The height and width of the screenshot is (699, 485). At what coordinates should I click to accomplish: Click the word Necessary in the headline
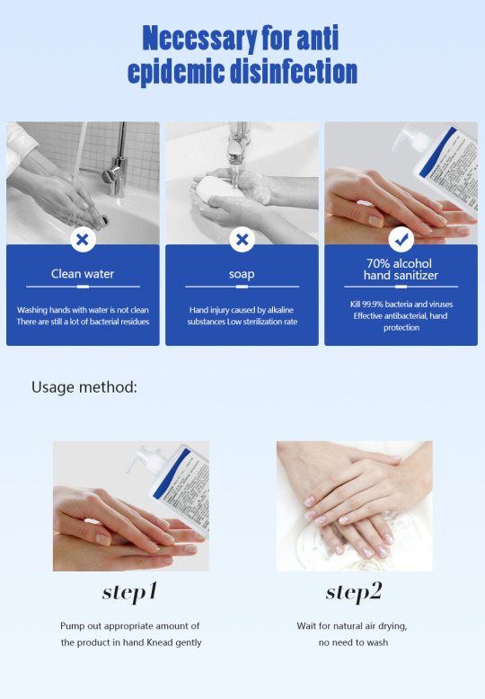(199, 39)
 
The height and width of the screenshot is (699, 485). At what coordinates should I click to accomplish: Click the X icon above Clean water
(83, 239)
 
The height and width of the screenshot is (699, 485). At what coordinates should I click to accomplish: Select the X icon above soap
(242, 239)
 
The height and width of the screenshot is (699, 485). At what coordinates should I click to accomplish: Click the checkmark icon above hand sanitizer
(401, 239)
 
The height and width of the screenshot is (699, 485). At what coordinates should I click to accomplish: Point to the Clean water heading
(83, 274)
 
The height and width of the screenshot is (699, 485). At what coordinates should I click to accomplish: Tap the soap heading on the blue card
(242, 274)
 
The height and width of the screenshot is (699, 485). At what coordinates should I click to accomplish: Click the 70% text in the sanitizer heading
(378, 263)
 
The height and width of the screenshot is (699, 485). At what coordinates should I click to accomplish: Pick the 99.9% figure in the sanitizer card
(372, 305)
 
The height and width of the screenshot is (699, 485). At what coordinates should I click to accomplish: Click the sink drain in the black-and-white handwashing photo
(104, 220)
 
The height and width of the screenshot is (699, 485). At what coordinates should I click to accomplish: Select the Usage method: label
(84, 387)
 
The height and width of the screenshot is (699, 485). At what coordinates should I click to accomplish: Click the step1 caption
(129, 592)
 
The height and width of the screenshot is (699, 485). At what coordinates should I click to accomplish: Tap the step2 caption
(354, 592)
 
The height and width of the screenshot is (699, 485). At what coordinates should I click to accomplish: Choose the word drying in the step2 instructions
(392, 626)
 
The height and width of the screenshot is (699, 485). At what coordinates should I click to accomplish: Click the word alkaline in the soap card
(280, 310)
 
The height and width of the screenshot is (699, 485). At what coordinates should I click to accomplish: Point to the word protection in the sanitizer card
(401, 328)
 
